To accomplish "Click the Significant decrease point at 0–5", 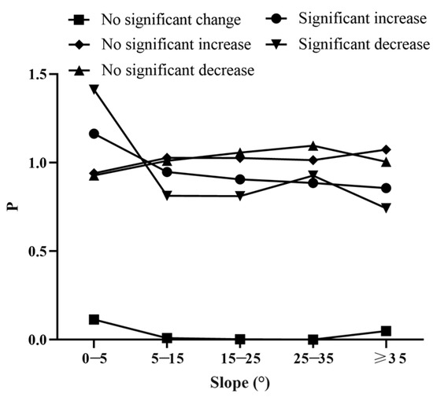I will (94, 89).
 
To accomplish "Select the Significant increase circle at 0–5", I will (94, 134).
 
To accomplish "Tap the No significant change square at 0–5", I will (94, 319).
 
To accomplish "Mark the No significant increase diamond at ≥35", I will (386, 149).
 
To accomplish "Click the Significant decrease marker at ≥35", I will (386, 208).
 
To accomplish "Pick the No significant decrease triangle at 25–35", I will (313, 145).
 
